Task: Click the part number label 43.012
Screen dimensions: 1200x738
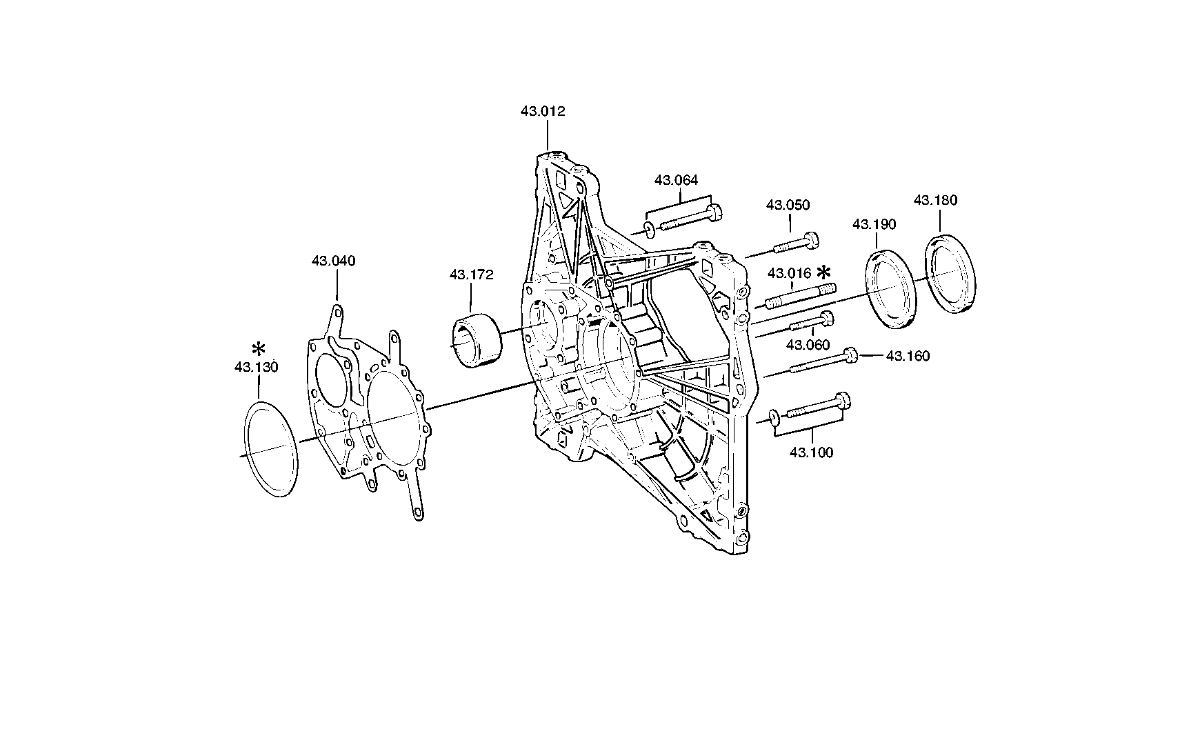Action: (x=543, y=111)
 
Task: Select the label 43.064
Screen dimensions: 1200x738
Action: (x=676, y=180)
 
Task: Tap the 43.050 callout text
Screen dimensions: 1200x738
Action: (x=788, y=205)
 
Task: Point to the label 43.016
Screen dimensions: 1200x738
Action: (x=790, y=273)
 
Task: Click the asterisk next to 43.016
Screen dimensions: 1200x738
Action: (x=824, y=271)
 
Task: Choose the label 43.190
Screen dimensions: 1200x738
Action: (x=874, y=224)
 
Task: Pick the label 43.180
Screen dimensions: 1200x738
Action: (x=936, y=200)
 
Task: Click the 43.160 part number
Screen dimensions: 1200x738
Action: (x=908, y=356)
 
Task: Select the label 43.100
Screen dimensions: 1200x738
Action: (x=811, y=452)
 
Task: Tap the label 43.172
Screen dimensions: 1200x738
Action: (x=472, y=275)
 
